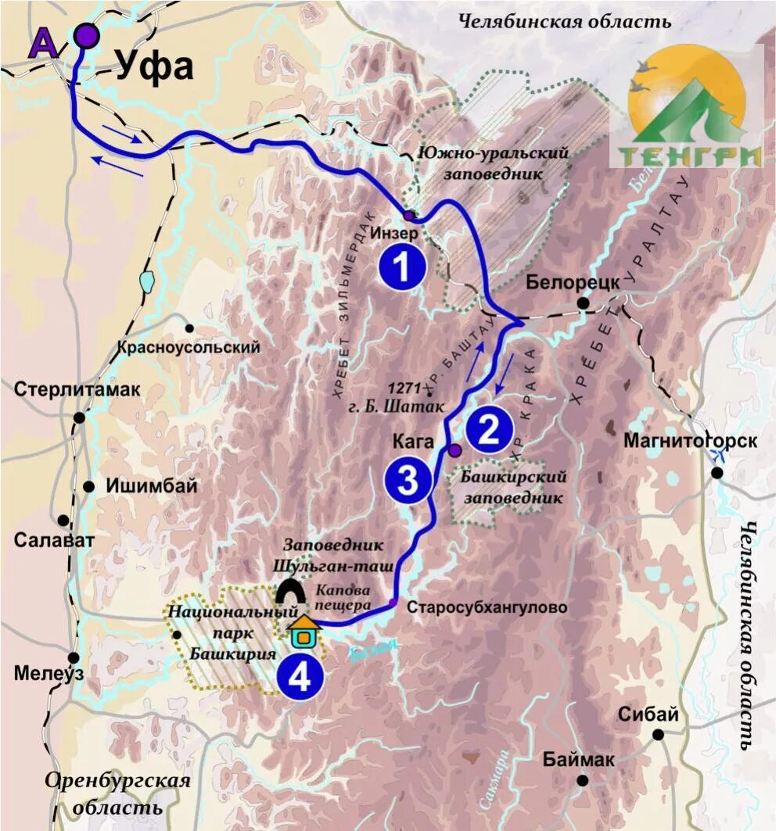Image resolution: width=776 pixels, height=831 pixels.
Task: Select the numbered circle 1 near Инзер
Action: tap(401, 267)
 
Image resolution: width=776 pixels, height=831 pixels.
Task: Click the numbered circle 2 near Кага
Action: tap(489, 431)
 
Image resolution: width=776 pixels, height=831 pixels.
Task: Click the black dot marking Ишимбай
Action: tap(89, 486)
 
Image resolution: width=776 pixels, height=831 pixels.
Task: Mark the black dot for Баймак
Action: tap(583, 780)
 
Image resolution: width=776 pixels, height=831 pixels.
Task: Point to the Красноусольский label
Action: tap(189, 347)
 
